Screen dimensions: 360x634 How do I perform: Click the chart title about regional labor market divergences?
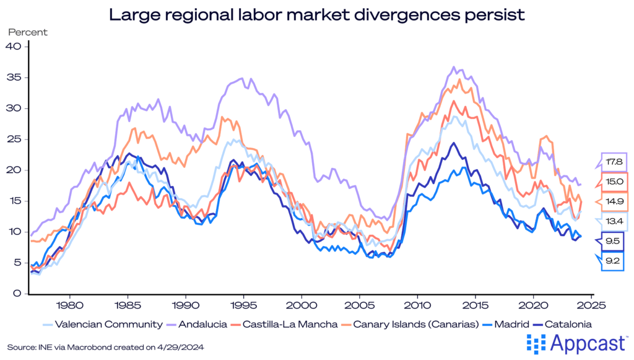coord(317,14)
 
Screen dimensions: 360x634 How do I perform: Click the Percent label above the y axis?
coord(27,32)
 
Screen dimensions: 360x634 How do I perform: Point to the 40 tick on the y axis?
coord(14,47)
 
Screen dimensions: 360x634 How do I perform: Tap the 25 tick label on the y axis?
coord(14,139)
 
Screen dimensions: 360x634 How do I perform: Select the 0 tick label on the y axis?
coord(17,294)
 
